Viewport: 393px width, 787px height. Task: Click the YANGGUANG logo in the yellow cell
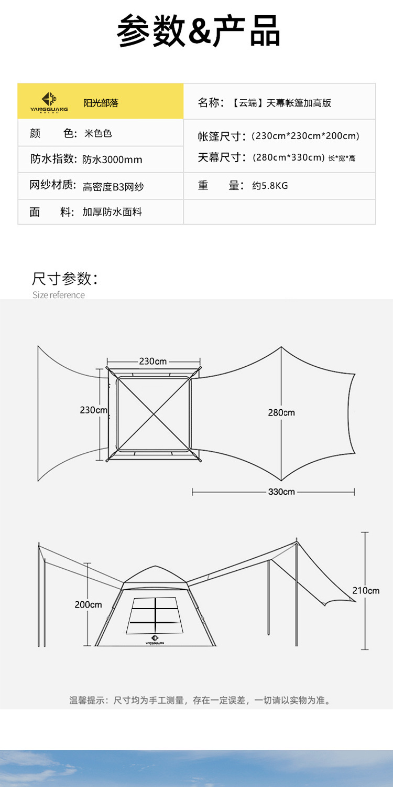(x=49, y=101)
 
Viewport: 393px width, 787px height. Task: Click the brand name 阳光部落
(x=101, y=103)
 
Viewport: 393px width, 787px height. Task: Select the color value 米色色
(x=98, y=134)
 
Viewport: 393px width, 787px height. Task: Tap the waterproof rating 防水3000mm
(x=112, y=159)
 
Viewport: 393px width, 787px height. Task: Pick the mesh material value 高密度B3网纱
(x=113, y=186)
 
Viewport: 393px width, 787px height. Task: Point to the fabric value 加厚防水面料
(x=112, y=212)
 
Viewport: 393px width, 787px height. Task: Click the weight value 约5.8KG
(x=270, y=186)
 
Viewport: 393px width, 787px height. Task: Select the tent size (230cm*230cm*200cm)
(x=305, y=136)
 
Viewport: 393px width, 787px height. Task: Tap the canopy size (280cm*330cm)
(x=288, y=157)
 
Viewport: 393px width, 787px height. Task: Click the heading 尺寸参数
(x=65, y=279)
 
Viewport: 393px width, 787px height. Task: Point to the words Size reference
(x=58, y=295)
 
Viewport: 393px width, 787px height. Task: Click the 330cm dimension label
(x=281, y=492)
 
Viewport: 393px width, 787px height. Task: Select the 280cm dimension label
(x=281, y=412)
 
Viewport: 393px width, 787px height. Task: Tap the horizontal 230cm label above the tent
(x=153, y=361)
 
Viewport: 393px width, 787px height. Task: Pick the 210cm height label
(x=366, y=590)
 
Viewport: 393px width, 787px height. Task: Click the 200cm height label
(x=88, y=604)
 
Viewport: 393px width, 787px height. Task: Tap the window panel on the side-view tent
(x=155, y=615)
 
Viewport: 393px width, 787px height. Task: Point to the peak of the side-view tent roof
(x=155, y=567)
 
